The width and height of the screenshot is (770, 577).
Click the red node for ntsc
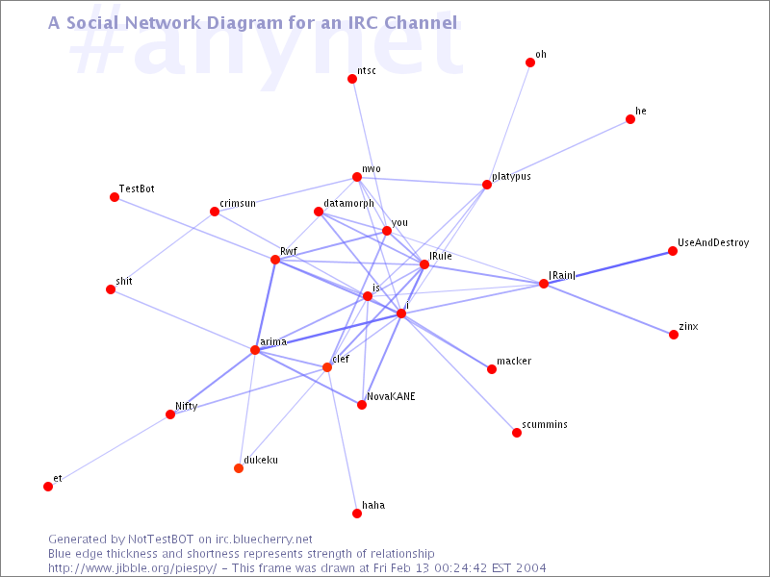[352, 79]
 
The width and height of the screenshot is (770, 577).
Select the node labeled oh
[530, 63]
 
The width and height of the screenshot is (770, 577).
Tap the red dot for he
[630, 119]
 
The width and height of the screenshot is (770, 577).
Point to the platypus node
[487, 185]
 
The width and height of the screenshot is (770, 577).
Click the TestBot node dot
[115, 197]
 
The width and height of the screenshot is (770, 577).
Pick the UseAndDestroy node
[673, 251]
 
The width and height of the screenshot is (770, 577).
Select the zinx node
[674, 335]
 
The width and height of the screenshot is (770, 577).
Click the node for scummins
[517, 432]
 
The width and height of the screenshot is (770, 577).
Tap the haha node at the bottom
[357, 514]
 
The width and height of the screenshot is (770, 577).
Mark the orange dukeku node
[239, 468]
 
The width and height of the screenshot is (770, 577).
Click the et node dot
[48, 487]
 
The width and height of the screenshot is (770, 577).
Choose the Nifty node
[170, 414]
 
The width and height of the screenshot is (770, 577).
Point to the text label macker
[514, 361]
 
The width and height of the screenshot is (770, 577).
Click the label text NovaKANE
[391, 396]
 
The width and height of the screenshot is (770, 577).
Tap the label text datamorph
[348, 203]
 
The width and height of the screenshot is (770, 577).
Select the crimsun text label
[238, 203]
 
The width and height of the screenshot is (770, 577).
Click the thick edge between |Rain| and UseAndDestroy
[608, 267]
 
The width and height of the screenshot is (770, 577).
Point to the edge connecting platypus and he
[558, 152]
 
